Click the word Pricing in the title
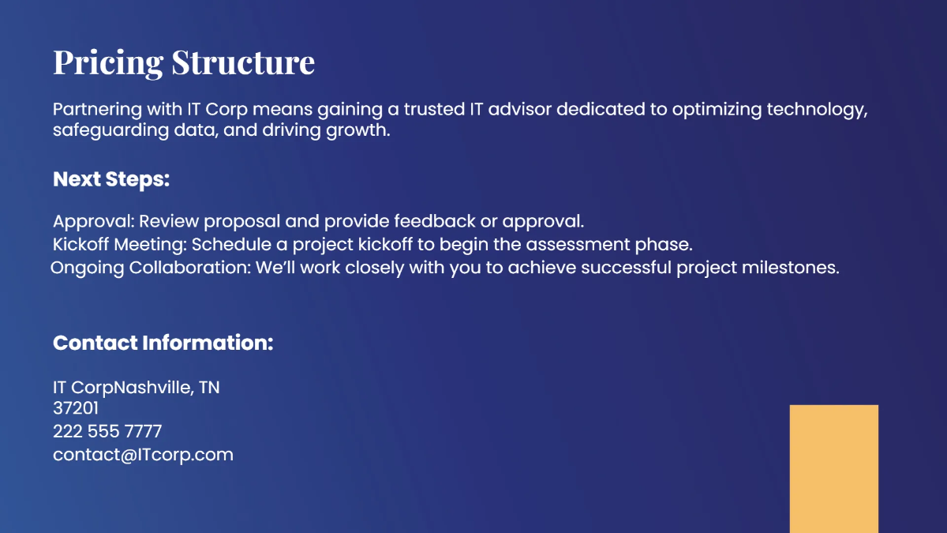109,62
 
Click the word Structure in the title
243,62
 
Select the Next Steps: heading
111,179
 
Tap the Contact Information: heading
163,343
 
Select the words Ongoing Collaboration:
151,268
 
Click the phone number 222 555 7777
107,431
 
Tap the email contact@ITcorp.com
143,455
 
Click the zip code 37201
76,408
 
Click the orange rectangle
833,468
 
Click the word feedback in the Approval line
435,221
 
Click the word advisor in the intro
521,109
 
